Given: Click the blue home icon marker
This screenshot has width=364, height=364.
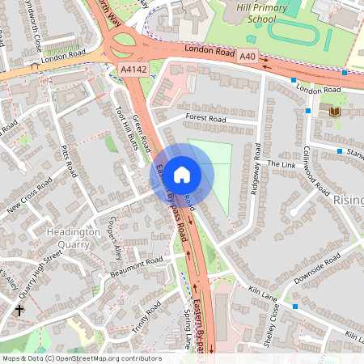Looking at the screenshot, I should [182, 174].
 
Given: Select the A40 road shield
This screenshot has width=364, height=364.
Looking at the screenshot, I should [248, 57].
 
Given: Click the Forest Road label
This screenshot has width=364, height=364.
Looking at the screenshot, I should [205, 118].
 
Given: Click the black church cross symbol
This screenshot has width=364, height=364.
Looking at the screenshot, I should [19, 310].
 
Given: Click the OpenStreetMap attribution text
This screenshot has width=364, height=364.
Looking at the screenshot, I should [82, 358].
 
